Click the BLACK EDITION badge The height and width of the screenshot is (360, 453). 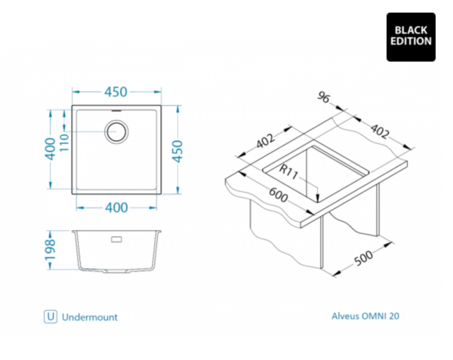coord(411,37)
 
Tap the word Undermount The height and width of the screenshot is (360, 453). coord(90,317)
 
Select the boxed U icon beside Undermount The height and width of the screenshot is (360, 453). coord(51,317)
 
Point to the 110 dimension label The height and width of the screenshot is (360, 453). coord(64,143)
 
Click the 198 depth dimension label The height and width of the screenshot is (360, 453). coord(50,250)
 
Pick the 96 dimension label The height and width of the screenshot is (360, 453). coord(323,97)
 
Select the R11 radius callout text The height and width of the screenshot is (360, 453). coord(288,172)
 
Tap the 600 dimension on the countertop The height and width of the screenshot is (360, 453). coord(279,195)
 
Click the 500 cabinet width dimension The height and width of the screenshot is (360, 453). coord(363,258)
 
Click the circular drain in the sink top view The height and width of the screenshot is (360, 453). coord(116,131)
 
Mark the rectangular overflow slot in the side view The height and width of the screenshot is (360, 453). coord(116,239)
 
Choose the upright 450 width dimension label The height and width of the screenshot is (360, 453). coord(116,92)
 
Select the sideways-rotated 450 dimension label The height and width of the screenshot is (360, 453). coord(177,151)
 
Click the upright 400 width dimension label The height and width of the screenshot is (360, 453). coord(116,208)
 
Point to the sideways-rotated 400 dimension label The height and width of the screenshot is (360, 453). coord(50,149)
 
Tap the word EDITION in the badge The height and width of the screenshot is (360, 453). coord(411,41)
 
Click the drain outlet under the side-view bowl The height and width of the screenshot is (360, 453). coord(116,272)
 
